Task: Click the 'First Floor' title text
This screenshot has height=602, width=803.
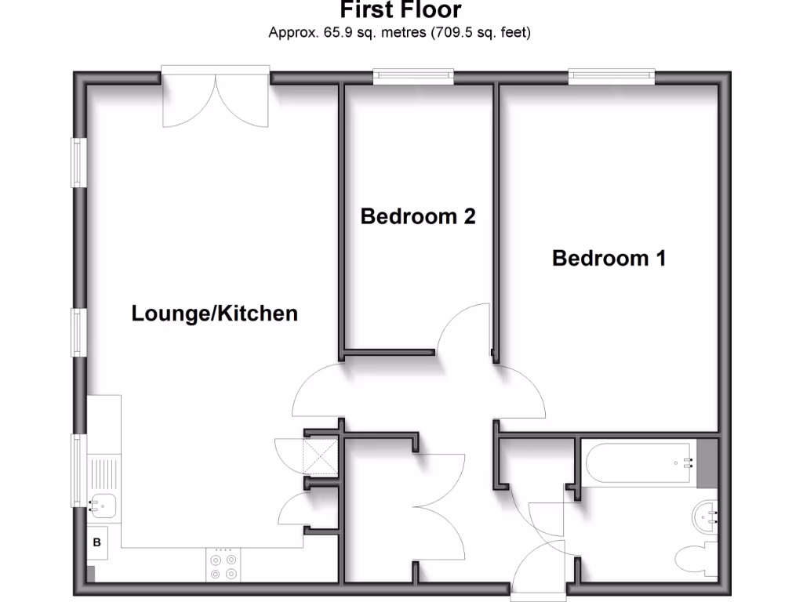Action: pos(401,10)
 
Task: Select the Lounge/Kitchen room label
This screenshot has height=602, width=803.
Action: pos(214,314)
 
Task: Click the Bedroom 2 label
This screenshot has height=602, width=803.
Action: pos(418,216)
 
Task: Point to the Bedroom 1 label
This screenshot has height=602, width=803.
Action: pos(609,258)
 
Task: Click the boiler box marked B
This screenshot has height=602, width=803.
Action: pos(97,542)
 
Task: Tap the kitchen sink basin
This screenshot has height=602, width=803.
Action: pos(102,506)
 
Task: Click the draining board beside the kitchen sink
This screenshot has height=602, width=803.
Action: pos(103,473)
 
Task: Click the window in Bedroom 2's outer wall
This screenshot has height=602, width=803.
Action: pos(413,76)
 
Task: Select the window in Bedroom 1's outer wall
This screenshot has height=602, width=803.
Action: pos(611,76)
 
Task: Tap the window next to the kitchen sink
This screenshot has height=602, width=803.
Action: pos(78,470)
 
